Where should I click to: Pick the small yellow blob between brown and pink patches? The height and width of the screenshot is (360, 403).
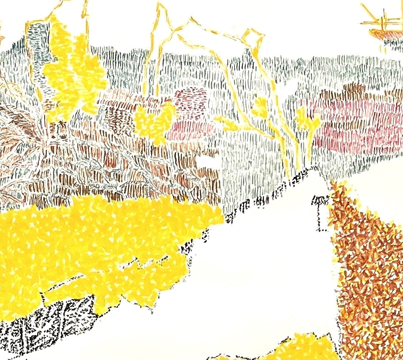154,121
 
